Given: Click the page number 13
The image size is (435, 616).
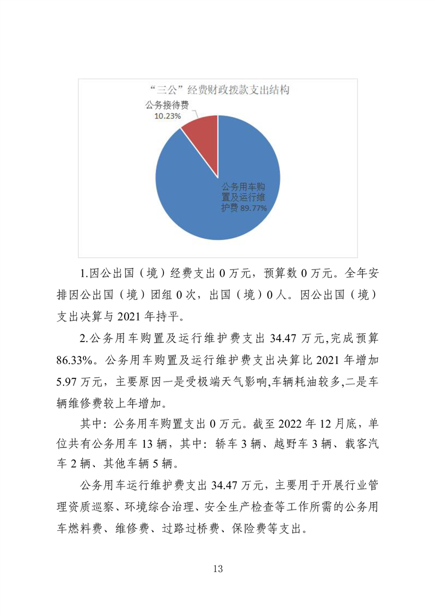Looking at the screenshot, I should point(218,568).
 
